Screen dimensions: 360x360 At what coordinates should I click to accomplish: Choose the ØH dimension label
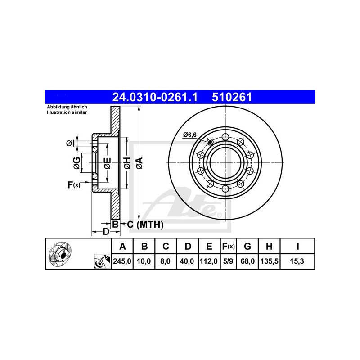coord(127,163)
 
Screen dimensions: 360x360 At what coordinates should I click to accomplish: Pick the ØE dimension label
coord(107,163)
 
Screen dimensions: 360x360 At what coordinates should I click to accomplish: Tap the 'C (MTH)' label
coord(144,224)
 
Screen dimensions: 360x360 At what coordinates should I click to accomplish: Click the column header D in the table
coord(188,246)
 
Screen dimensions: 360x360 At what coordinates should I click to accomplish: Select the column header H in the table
coord(269,246)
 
